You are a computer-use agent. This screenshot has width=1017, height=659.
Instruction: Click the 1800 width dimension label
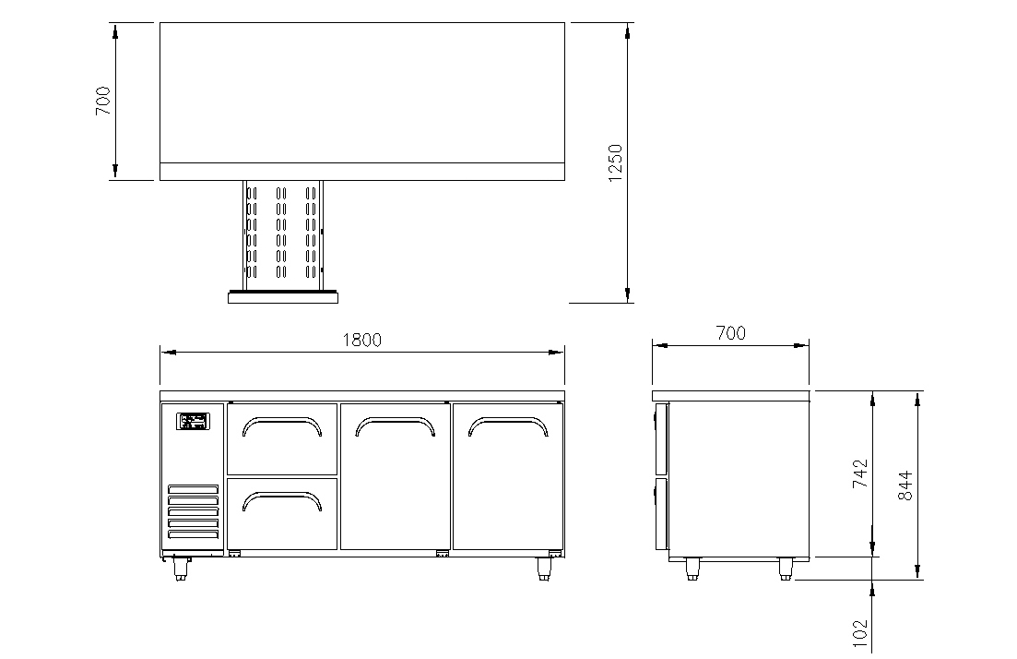pos(362,340)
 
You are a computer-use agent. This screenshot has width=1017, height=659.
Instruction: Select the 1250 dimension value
pos(616,163)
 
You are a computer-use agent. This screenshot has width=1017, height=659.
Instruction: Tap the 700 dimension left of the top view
pos(103,101)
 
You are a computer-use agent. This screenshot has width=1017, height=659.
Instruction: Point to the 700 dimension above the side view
pos(731,333)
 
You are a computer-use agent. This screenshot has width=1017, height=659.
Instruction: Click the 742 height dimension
pos(859,473)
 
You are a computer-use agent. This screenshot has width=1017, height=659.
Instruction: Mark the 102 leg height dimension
pos(859,633)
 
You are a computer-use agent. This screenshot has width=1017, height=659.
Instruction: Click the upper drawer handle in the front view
pos(282,425)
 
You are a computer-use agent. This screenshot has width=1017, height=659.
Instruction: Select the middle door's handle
pos(395,425)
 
